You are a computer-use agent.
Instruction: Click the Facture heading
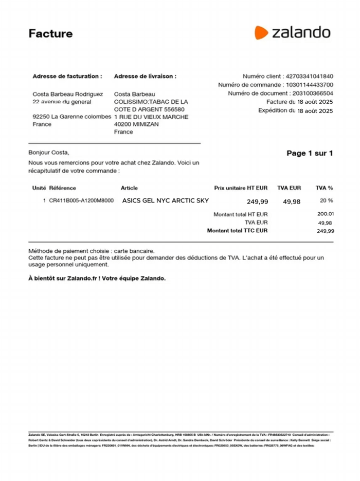click(50, 34)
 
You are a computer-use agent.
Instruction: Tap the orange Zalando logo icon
click(261, 32)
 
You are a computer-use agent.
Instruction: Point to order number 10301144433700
click(309, 85)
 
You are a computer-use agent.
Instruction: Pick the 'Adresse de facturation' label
click(67, 76)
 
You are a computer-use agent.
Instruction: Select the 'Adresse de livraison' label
click(145, 76)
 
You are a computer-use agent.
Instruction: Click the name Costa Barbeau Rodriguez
click(67, 94)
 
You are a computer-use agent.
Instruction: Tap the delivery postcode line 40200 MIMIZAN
click(136, 124)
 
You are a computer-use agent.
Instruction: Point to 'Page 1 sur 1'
click(310, 153)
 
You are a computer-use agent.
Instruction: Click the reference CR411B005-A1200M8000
click(81, 201)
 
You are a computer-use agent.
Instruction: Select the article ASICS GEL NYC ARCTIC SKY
click(166, 201)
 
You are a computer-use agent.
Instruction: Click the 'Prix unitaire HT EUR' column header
click(241, 188)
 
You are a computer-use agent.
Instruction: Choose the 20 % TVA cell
click(326, 201)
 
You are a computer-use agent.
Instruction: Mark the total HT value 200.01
click(326, 214)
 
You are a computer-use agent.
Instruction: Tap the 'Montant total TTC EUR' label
click(237, 231)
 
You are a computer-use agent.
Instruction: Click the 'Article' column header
click(129, 188)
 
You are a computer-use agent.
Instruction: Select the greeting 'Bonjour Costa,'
click(48, 153)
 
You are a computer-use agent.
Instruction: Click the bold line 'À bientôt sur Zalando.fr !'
click(97, 279)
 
